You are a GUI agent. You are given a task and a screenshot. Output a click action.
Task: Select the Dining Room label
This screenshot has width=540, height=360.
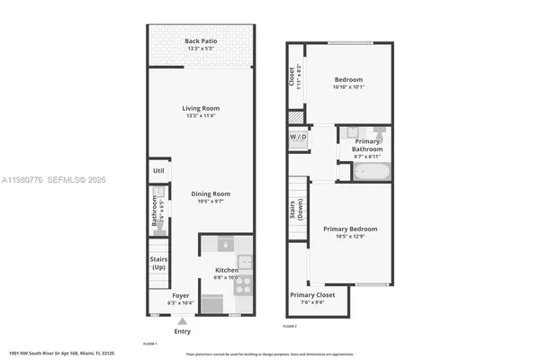tap(210, 193)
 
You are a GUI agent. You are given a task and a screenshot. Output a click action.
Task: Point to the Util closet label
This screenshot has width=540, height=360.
tap(158, 170)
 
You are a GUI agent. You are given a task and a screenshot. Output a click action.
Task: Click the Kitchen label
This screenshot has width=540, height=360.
tap(227, 270)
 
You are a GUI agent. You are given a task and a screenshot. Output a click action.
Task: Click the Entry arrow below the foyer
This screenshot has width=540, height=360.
tap(183, 321)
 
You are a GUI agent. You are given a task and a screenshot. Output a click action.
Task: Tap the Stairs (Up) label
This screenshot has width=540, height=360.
tap(158, 264)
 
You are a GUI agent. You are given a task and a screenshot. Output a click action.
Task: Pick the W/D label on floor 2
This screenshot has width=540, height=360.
tap(298, 138)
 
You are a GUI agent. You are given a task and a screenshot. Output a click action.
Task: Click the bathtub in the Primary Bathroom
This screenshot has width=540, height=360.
tap(370, 170)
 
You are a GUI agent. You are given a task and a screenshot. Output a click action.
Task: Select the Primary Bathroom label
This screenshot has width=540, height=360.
tap(367, 145)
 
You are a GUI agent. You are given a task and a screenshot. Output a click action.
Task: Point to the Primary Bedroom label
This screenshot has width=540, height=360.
tap(350, 229)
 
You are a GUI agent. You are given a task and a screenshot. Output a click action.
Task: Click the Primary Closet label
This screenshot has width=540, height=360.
tap(312, 295)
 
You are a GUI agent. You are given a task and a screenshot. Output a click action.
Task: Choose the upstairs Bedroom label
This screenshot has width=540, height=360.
tap(349, 79)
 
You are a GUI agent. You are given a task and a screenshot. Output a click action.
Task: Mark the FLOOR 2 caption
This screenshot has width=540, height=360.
tap(291, 326)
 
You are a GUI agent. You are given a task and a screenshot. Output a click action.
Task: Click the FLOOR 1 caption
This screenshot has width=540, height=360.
tap(150, 344)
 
